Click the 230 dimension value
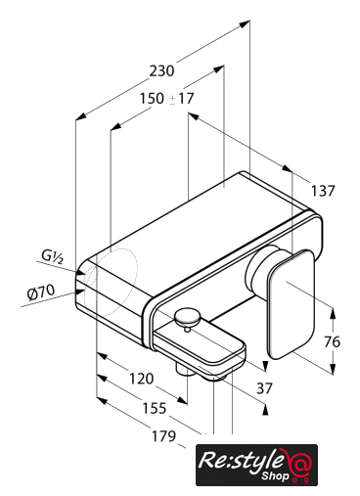coord(161,70)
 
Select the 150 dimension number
coord(152,98)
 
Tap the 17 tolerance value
coord(186,98)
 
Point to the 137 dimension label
coord(323,191)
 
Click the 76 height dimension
coord(332,341)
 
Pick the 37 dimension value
coord(264,388)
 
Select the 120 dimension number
coord(141,379)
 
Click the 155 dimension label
coord(155,408)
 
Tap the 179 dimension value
coord(163,436)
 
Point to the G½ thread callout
coord(52,256)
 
